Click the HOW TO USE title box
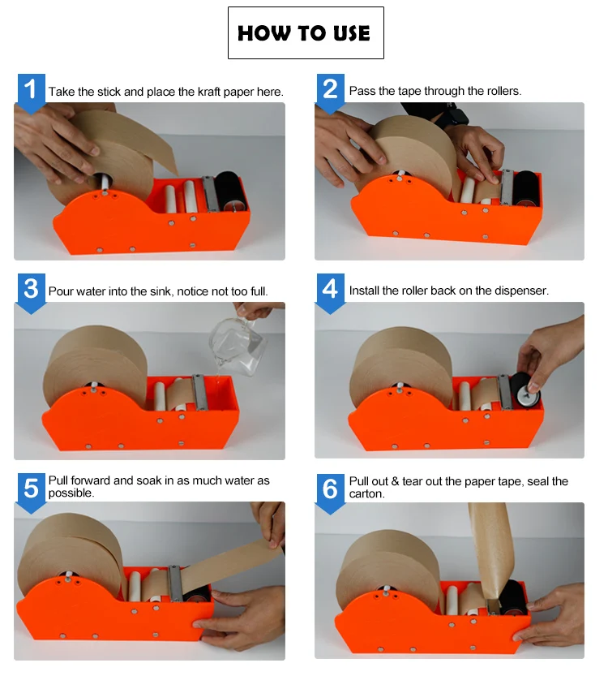point(305,33)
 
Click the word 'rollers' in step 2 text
point(499,92)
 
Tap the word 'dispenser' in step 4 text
point(522,291)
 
